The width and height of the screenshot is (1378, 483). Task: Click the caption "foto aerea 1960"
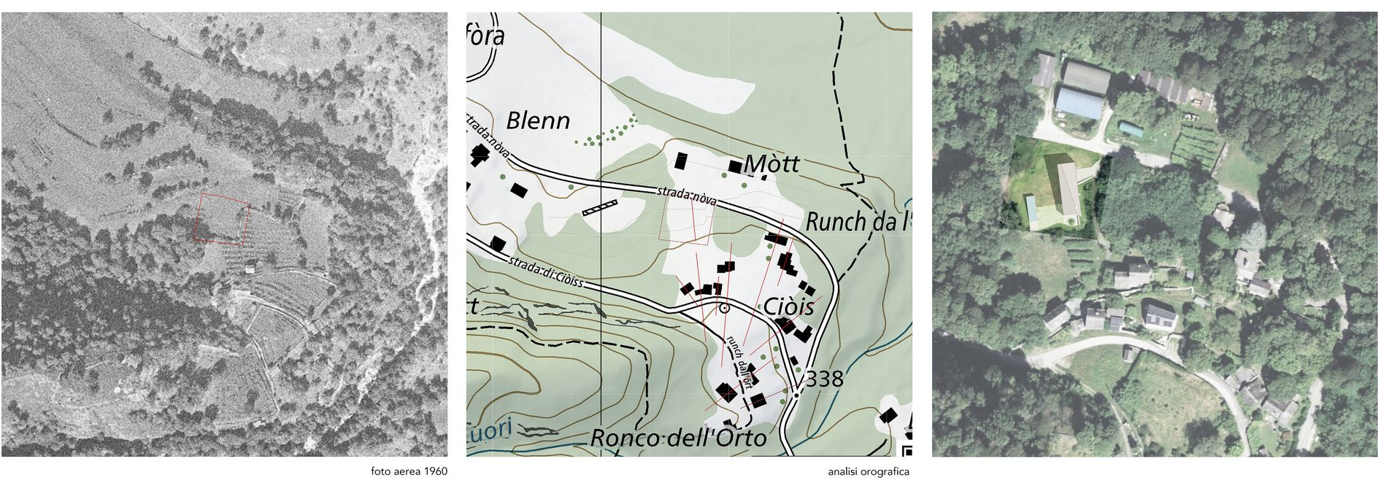click(x=409, y=471)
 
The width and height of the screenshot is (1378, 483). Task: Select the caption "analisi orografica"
click(x=869, y=471)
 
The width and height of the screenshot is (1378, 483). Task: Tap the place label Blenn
click(x=538, y=120)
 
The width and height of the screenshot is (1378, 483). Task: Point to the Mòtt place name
click(x=772, y=164)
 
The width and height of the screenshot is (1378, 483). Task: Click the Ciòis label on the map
click(x=788, y=306)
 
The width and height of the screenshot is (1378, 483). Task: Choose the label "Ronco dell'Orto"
click(x=678, y=438)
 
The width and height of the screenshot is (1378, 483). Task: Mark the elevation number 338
click(x=824, y=379)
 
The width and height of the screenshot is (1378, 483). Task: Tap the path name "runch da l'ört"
click(x=738, y=363)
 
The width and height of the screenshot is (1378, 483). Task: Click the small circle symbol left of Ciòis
click(x=724, y=309)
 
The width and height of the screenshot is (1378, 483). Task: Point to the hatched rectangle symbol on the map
click(x=600, y=207)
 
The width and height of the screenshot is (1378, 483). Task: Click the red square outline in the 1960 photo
click(x=222, y=217)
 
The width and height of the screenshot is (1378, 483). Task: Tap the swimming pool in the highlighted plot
click(x=1033, y=211)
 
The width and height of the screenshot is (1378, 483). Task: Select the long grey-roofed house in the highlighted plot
click(x=1068, y=189)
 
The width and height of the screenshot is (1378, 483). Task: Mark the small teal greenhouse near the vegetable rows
click(x=1132, y=129)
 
